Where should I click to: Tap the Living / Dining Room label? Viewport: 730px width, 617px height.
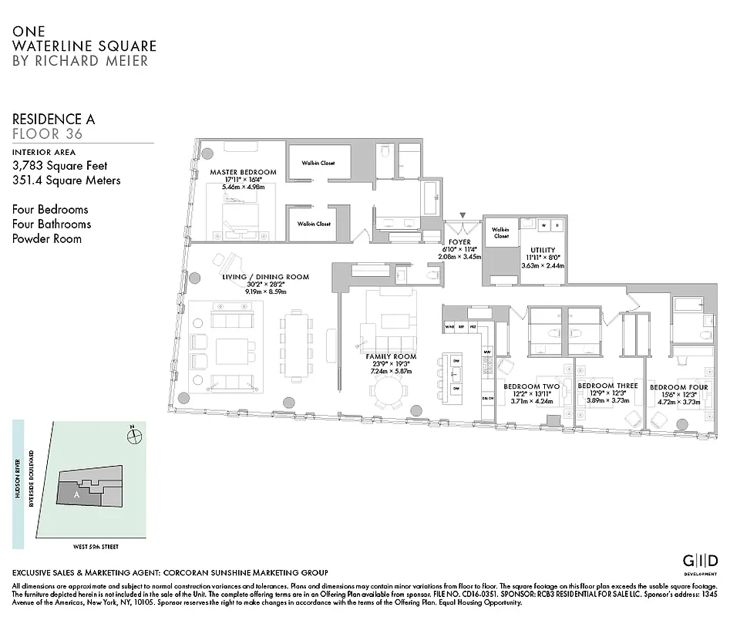click(265, 277)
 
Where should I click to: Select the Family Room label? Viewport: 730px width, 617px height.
click(391, 356)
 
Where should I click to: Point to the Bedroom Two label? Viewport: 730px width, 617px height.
click(531, 386)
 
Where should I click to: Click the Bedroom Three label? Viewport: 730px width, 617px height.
click(607, 386)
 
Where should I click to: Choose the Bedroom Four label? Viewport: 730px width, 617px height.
click(678, 386)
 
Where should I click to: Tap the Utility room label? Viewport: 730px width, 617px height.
click(542, 250)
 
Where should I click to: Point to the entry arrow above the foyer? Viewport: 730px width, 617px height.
click(463, 217)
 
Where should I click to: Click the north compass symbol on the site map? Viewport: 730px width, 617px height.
click(135, 435)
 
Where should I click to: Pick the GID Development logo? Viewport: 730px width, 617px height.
click(701, 561)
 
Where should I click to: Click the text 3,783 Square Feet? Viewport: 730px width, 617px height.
click(59, 166)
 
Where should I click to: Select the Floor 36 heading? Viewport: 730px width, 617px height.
click(47, 134)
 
